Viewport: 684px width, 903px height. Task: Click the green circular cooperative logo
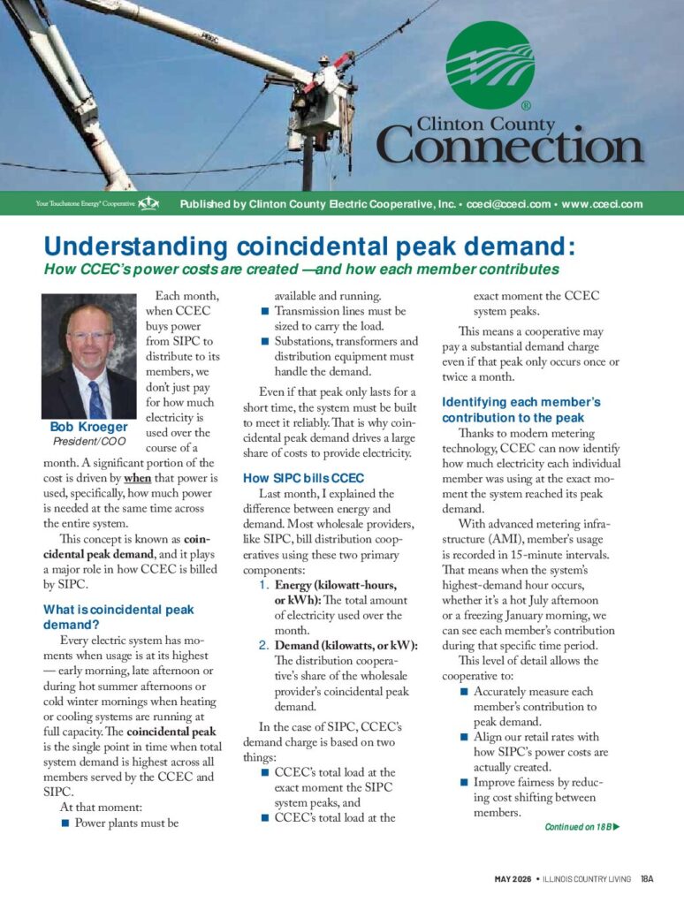[490, 66]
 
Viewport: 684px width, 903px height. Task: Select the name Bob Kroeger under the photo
[88, 428]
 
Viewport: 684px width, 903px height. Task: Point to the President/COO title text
[88, 441]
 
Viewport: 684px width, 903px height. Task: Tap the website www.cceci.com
[601, 205]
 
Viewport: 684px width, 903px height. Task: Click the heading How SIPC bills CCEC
[297, 478]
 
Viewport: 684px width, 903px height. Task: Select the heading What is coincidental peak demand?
[118, 617]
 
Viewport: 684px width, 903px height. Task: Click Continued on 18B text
[577, 827]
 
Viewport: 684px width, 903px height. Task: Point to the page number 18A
[648, 878]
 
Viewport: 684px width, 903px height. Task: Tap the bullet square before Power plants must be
[65, 823]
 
